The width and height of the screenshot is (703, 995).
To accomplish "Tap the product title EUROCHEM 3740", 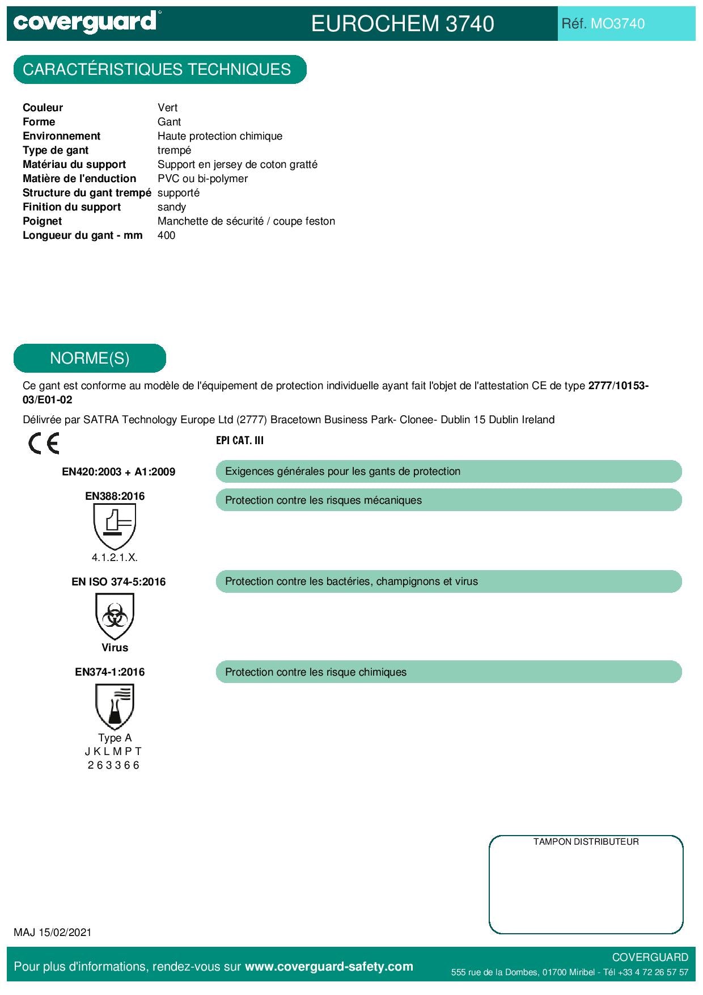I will pos(403,24).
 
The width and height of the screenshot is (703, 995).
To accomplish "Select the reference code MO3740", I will pos(617,24).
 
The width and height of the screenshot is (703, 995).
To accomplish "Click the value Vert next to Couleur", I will pos(167,108).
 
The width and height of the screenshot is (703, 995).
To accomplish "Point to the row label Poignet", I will pos(43,221).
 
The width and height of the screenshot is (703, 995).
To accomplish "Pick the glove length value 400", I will pos(166,235).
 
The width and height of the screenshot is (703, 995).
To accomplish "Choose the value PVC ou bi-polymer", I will pos(202,179).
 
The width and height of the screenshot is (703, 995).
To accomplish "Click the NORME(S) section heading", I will pos(90,359).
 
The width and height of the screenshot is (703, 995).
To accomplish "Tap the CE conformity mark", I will pos(44,444).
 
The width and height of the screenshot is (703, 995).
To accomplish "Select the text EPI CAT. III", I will pos(240,441).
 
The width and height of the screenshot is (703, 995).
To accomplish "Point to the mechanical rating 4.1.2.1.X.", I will pos(115,558).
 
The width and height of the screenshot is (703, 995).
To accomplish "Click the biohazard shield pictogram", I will pos(115,616).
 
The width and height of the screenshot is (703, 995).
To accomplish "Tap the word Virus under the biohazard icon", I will pos(115,648).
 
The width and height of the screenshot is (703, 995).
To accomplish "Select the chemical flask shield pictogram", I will pos(115,706).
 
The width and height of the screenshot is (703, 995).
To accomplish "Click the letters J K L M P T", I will pos(113,752).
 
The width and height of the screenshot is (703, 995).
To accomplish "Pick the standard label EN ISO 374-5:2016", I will pos(118,582).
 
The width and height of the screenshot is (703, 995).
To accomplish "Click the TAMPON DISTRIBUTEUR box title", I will pos(586,842).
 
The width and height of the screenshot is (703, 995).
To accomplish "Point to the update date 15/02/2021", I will pos(65,933).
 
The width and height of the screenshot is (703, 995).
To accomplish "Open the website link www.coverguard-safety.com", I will pos(329,967).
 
